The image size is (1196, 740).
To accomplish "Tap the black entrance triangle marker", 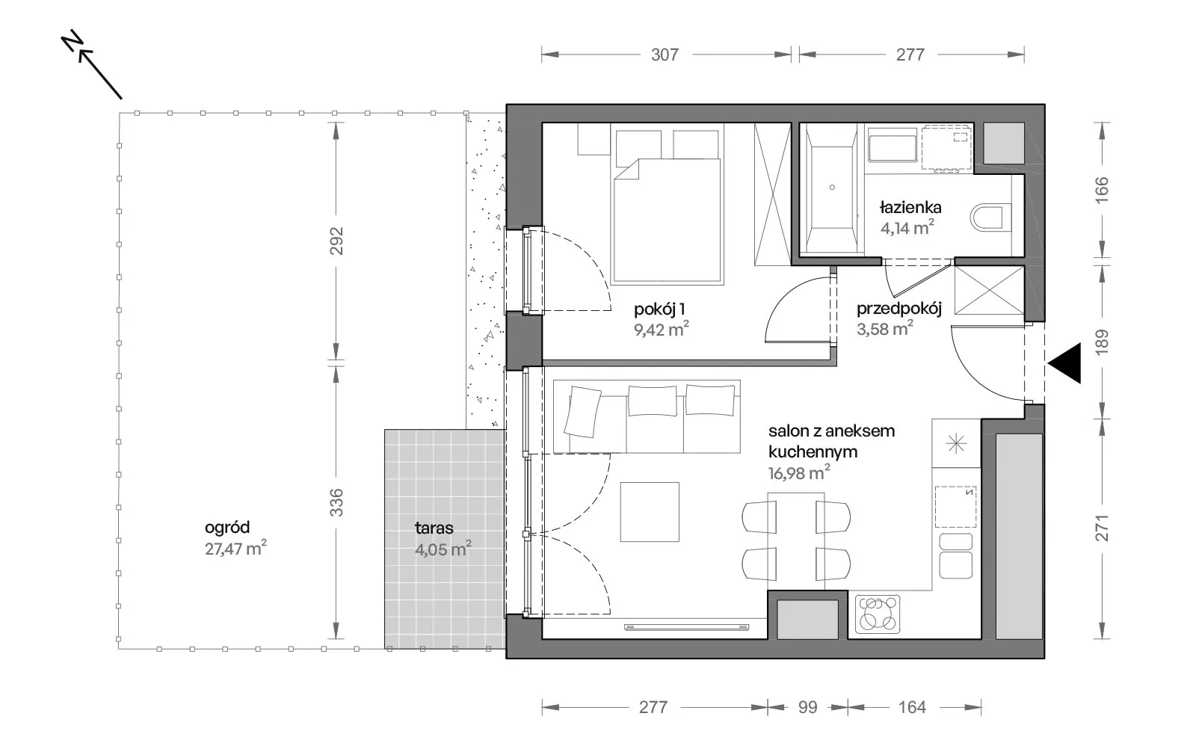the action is pyautogui.click(x=1064, y=363).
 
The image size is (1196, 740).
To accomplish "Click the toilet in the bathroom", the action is pyautogui.click(x=991, y=218).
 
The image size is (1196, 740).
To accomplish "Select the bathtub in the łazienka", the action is pyautogui.click(x=832, y=188).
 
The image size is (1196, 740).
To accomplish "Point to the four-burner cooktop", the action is pyautogui.click(x=878, y=614).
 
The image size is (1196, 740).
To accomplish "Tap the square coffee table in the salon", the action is pyautogui.click(x=650, y=512).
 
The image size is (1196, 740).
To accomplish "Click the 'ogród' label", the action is pyautogui.click(x=227, y=528).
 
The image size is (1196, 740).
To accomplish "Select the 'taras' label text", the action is pyautogui.click(x=434, y=528).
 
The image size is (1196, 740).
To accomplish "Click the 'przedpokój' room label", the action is pyautogui.click(x=899, y=309).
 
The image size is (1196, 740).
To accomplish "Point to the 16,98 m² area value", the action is pyautogui.click(x=799, y=472).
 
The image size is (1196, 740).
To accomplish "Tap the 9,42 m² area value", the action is pyautogui.click(x=661, y=329).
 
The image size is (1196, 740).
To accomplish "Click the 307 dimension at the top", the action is pyautogui.click(x=665, y=55).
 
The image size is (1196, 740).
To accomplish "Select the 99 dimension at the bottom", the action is pyautogui.click(x=807, y=707).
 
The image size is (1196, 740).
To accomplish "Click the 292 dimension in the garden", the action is pyautogui.click(x=336, y=241).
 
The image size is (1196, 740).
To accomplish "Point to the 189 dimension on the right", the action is pyautogui.click(x=1102, y=342).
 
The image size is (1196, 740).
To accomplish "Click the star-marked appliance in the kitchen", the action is pyautogui.click(x=956, y=444).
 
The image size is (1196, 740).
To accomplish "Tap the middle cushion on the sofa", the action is pyautogui.click(x=653, y=401).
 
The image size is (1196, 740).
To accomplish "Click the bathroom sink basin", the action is pyautogui.click(x=893, y=148).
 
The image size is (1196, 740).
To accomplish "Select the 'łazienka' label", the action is pyautogui.click(x=910, y=207).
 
